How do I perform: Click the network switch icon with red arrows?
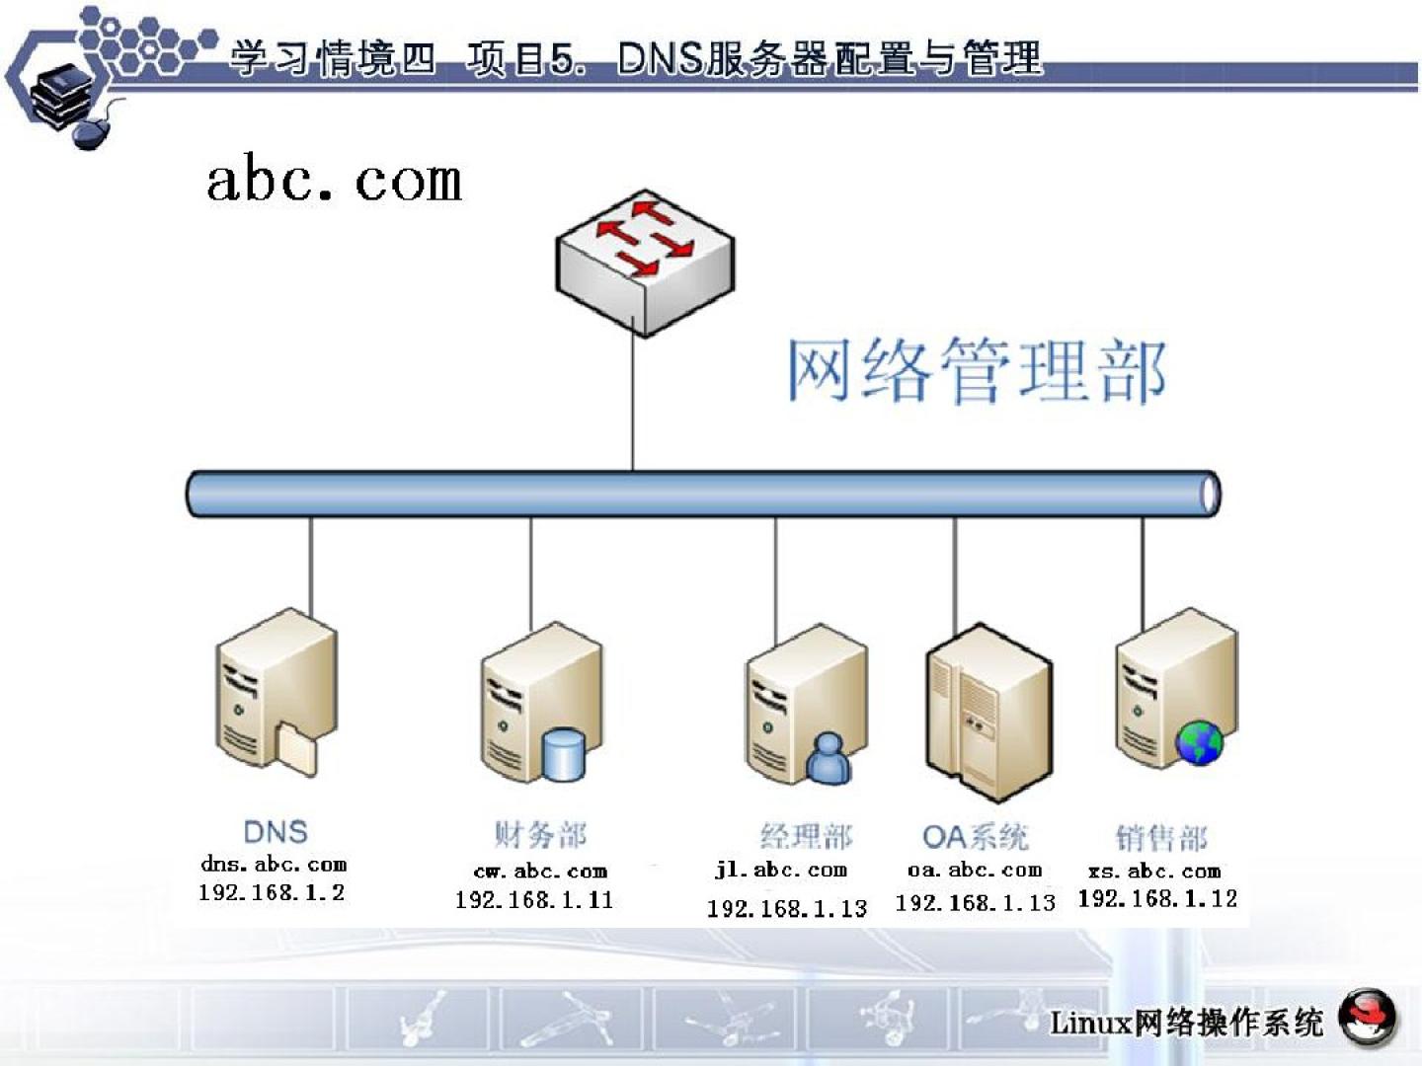[x=645, y=261]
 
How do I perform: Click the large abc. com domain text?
[x=334, y=182]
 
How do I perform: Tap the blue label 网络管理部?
[x=976, y=370]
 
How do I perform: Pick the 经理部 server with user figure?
[x=806, y=705]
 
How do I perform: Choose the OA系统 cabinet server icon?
[x=988, y=711]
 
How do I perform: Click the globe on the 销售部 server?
[x=1198, y=742]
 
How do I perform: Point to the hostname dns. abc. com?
[x=274, y=865]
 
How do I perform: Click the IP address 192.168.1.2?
[x=272, y=893]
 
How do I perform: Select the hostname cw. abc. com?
[x=540, y=872]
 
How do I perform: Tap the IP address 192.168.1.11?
[x=534, y=900]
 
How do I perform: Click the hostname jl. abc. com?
[x=781, y=871]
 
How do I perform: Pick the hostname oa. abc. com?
[x=975, y=871]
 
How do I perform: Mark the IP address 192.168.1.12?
[x=1157, y=899]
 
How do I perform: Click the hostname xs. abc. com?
[x=1154, y=872]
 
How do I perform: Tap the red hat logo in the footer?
[x=1368, y=1017]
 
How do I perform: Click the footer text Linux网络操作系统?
[x=1186, y=1023]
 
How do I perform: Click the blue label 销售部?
[x=1161, y=839]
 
